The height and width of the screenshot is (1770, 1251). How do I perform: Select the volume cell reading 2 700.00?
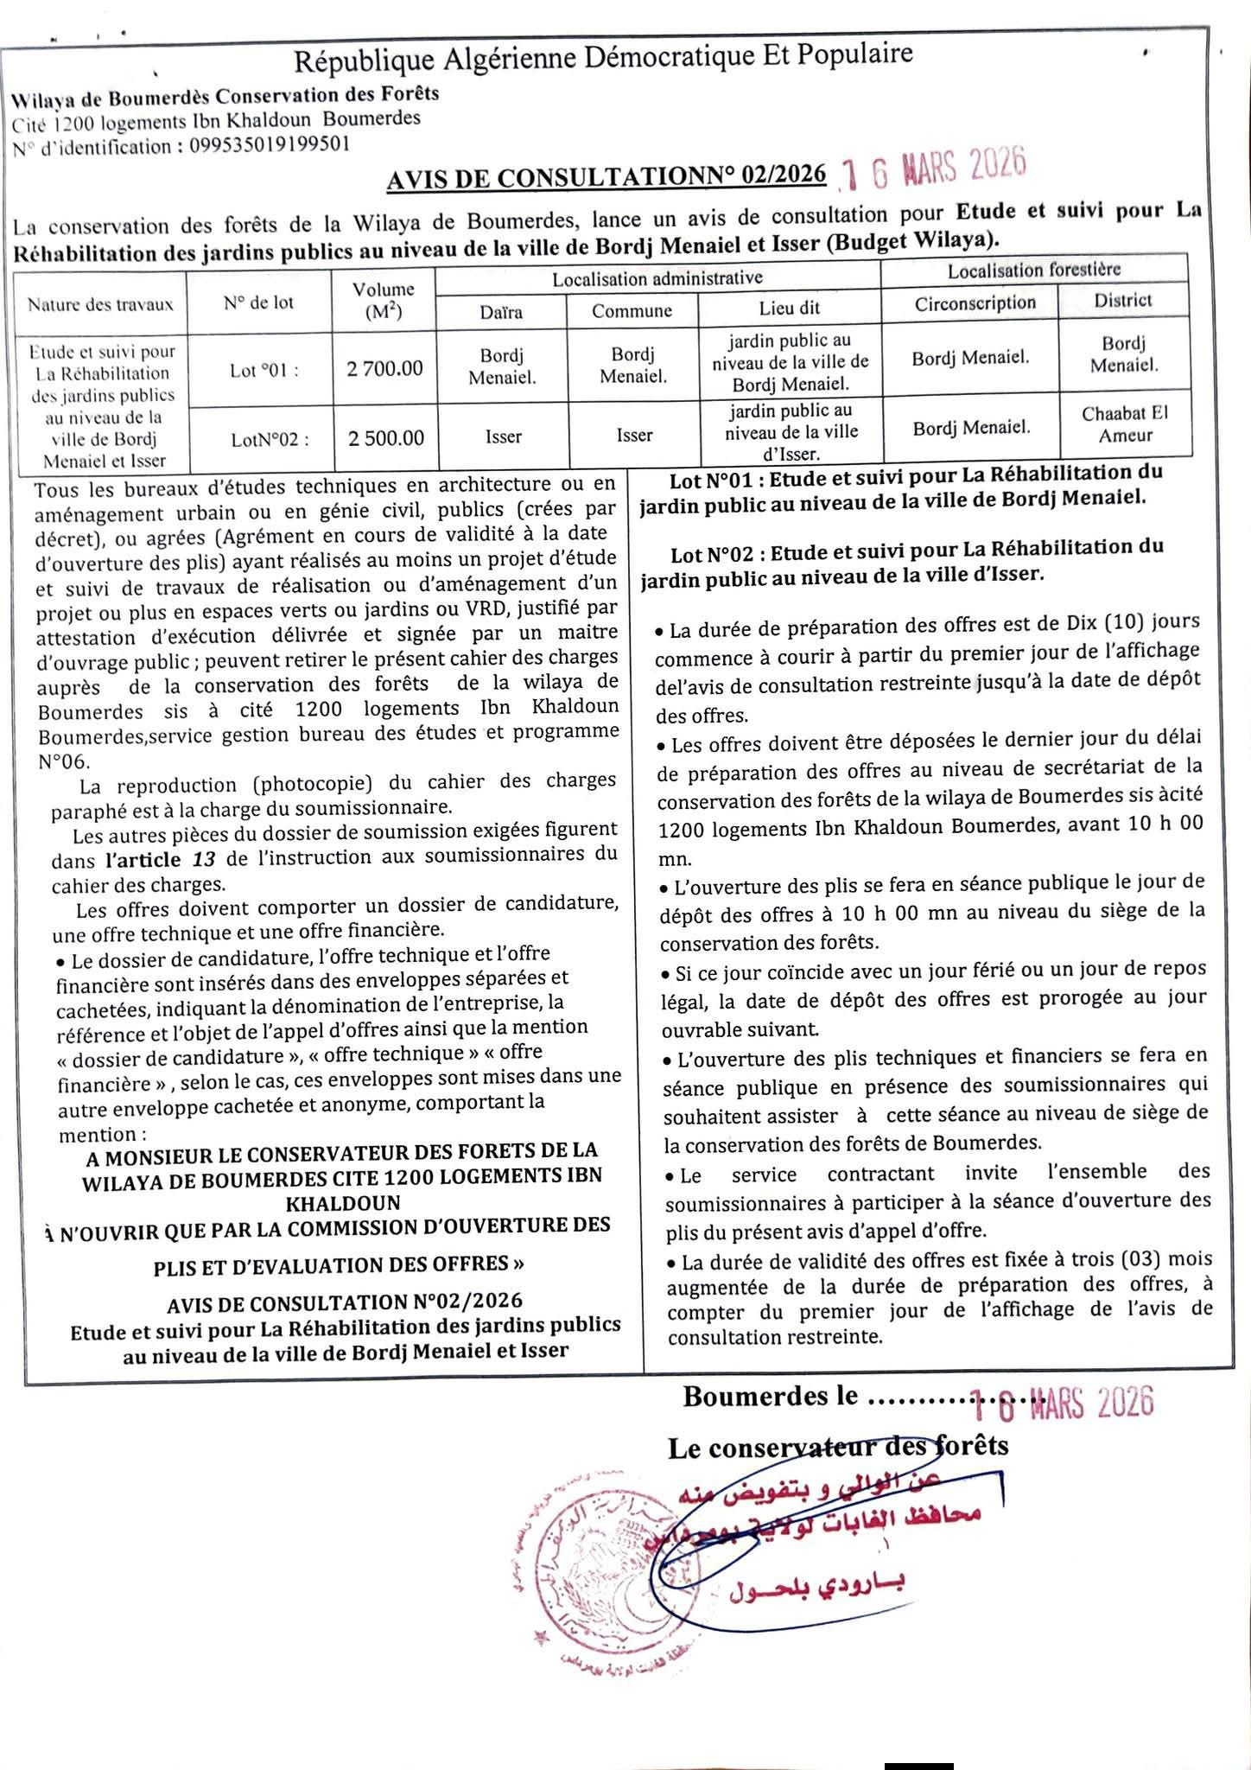[384, 369]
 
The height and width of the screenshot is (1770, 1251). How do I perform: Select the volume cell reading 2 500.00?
[386, 438]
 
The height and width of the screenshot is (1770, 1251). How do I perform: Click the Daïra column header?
[501, 312]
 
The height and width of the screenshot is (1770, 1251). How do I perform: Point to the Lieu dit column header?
[790, 308]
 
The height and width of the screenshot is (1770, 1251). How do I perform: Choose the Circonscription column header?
[975, 303]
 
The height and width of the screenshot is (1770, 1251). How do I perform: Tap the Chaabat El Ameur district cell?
[1125, 424]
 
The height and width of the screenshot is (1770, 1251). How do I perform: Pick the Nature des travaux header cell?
[100, 304]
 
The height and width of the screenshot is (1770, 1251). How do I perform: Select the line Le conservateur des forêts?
[838, 1447]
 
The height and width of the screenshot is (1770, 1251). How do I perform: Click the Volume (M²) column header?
[383, 300]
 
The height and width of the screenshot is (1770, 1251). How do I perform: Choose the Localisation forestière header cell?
[1034, 270]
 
